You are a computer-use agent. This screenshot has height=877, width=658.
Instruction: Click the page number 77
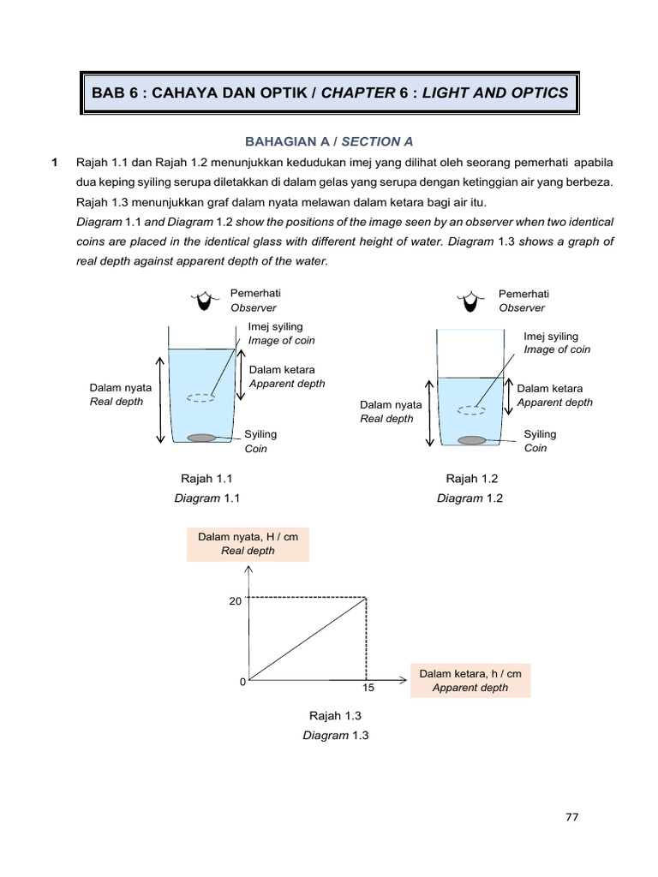[x=572, y=817]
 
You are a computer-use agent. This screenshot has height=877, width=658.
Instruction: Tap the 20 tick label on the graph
[x=235, y=601]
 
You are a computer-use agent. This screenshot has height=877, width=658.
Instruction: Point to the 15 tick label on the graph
[x=367, y=688]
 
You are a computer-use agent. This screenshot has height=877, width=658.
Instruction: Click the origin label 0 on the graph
[x=242, y=682]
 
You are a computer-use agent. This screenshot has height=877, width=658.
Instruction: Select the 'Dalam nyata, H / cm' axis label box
[x=248, y=544]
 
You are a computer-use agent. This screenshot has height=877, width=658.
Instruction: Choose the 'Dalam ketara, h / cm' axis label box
[x=470, y=680]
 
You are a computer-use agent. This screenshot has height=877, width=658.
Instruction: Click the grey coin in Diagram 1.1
[x=201, y=438]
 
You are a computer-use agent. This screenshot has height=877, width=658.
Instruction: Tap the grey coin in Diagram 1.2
[x=472, y=440]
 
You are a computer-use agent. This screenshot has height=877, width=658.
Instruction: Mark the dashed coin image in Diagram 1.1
[x=201, y=397]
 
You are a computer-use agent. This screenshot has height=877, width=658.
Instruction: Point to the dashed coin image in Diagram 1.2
[x=471, y=410]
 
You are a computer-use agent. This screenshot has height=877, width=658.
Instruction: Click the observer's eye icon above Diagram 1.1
[x=203, y=300]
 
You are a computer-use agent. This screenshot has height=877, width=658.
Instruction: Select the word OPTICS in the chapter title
[x=536, y=92]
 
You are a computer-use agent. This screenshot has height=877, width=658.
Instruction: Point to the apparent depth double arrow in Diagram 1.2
[x=509, y=395]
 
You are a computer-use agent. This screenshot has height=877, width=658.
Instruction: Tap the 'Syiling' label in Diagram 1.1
[x=260, y=434]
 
